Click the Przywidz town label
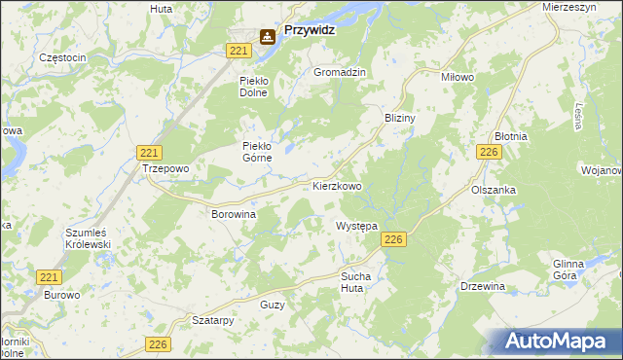pyautogui.click(x=315, y=31)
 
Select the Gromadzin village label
pyautogui.click(x=339, y=73)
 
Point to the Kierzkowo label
pyautogui.click(x=337, y=185)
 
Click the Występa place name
pyautogui.click(x=356, y=226)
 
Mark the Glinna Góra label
pyautogui.click(x=568, y=270)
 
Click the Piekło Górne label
pyautogui.click(x=261, y=153)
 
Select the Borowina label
pyautogui.click(x=234, y=212)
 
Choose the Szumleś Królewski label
pyautogui.click(x=88, y=239)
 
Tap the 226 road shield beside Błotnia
pyautogui.click(x=489, y=152)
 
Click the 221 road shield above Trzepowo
pyautogui.click(x=149, y=153)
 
